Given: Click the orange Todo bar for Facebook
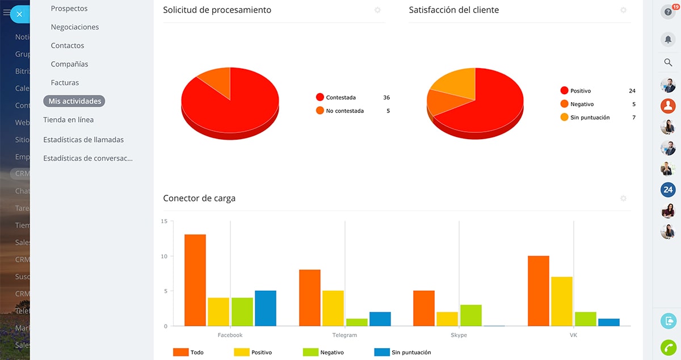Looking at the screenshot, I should click(x=195, y=280).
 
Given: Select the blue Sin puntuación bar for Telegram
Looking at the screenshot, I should click(x=380, y=319).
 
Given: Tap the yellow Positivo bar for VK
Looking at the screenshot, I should click(x=562, y=302).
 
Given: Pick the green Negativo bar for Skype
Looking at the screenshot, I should click(x=471, y=316).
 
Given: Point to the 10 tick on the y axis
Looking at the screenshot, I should click(x=164, y=257).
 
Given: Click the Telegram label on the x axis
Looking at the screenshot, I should click(x=344, y=336).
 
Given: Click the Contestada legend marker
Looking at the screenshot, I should click(x=320, y=98).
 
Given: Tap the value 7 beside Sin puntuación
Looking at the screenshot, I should click(x=633, y=118).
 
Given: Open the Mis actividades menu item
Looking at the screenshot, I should click(x=74, y=102).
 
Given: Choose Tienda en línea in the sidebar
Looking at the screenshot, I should click(x=69, y=120).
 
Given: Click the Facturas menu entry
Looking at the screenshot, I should click(x=65, y=83).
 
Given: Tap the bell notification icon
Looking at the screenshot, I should click(x=668, y=39).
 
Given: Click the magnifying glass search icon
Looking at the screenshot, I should click(x=668, y=62).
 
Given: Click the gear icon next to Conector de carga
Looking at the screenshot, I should click(x=623, y=199).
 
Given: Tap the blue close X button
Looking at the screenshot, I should click(x=19, y=14).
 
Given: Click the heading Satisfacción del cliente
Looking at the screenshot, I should click(x=454, y=10).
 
